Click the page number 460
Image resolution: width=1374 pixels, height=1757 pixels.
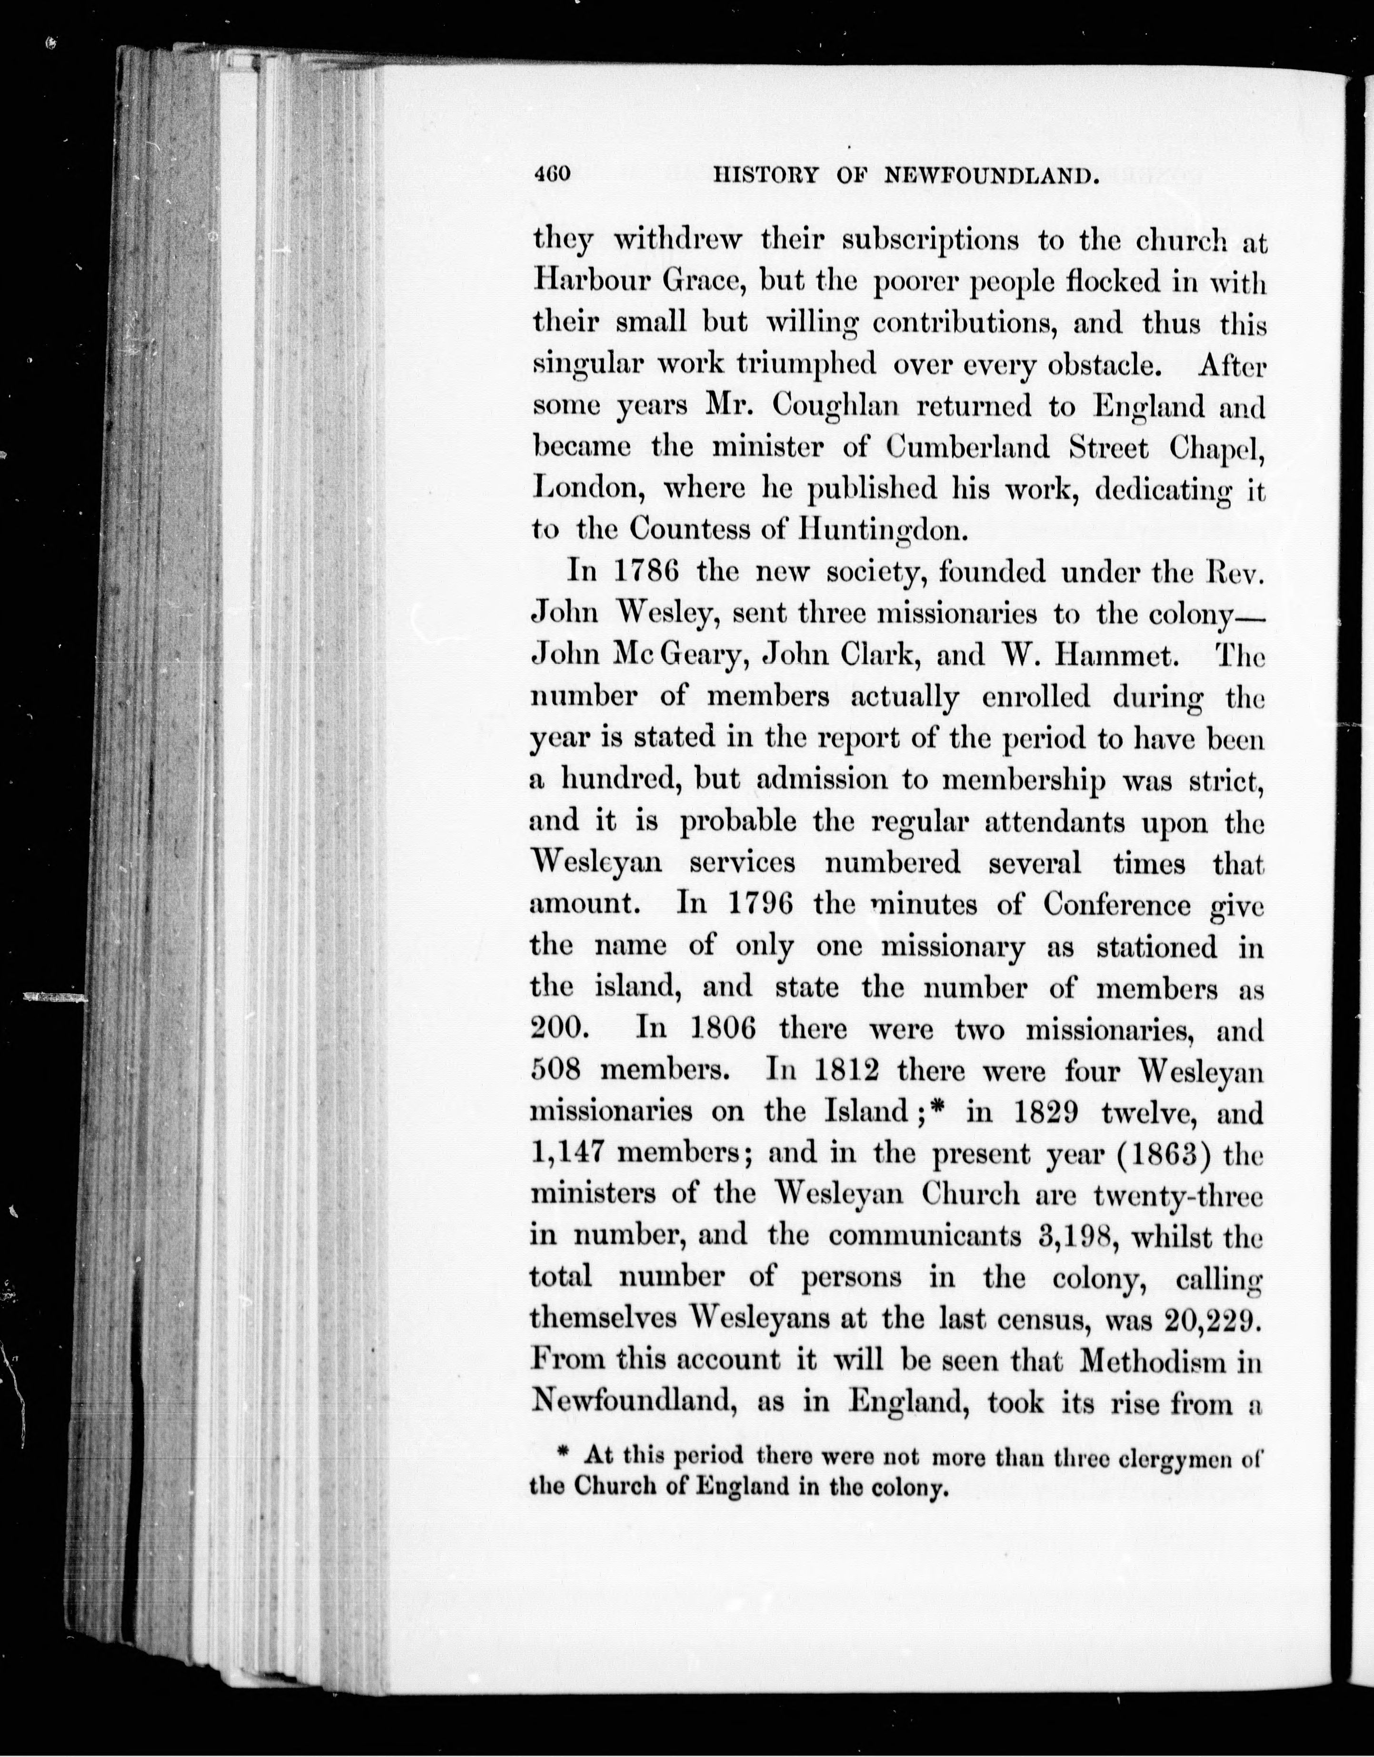tap(552, 175)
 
